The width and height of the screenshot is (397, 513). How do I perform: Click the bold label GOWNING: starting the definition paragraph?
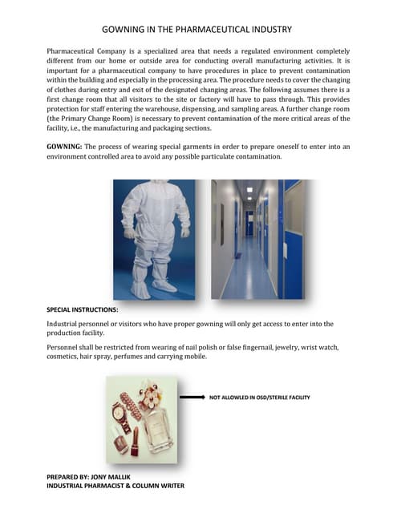coord(67,146)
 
